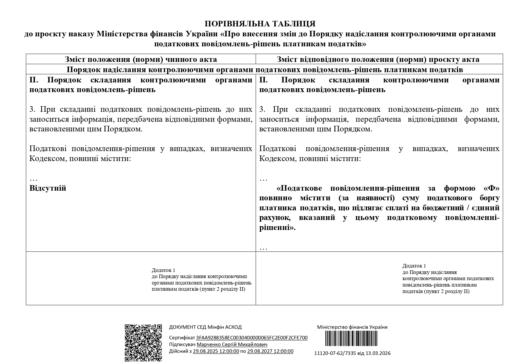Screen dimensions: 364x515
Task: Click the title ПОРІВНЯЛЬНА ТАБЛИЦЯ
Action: point(260,24)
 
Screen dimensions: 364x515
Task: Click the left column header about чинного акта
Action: point(141,60)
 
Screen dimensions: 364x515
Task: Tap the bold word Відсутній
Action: point(48,188)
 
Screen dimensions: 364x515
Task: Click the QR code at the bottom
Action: point(143,343)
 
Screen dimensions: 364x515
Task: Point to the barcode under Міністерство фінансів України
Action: point(351,339)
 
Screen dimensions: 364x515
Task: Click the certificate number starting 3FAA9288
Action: point(252,338)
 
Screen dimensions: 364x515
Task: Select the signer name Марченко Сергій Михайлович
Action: point(232,345)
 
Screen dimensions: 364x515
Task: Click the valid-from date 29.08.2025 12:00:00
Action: point(216,351)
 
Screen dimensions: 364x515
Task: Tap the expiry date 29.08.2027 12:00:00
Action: point(270,351)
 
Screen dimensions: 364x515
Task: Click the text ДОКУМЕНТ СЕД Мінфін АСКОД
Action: point(205,327)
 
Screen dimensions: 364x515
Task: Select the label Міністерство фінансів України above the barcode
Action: point(352,327)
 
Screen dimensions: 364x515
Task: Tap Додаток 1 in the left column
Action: point(163,270)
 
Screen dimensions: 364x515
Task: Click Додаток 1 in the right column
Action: point(414,266)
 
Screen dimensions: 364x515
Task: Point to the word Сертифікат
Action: point(182,338)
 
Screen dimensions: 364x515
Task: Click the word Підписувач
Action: point(182,345)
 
